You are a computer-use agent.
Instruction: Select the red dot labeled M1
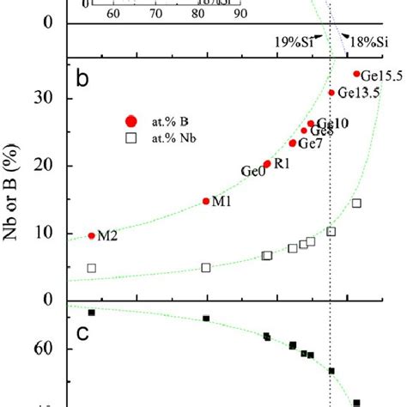point(206,201)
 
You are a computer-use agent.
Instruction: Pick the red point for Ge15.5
point(357,74)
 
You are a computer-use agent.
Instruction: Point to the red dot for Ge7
point(293,143)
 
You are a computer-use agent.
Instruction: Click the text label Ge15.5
point(382,76)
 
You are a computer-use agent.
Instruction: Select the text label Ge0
point(252,172)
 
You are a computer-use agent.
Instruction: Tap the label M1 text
point(222,202)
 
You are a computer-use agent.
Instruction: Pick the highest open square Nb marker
point(357,203)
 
